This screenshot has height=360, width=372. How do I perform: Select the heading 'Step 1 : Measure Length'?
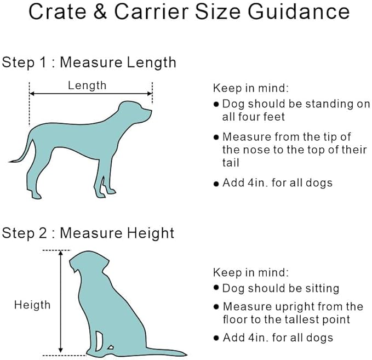tap(89, 62)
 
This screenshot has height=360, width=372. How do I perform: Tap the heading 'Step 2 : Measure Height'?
tap(88, 233)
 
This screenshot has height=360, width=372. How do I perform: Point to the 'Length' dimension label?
tap(87, 85)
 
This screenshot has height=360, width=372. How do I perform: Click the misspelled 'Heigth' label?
tap(32, 305)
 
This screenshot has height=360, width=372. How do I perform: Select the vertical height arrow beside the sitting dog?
tap(60, 301)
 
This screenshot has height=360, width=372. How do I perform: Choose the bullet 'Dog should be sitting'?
tap(281, 288)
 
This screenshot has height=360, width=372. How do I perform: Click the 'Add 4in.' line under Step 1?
tap(277, 182)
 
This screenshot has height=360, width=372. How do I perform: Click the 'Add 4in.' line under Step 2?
tap(277, 338)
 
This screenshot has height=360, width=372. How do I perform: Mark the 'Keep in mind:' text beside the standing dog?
tap(251, 88)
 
